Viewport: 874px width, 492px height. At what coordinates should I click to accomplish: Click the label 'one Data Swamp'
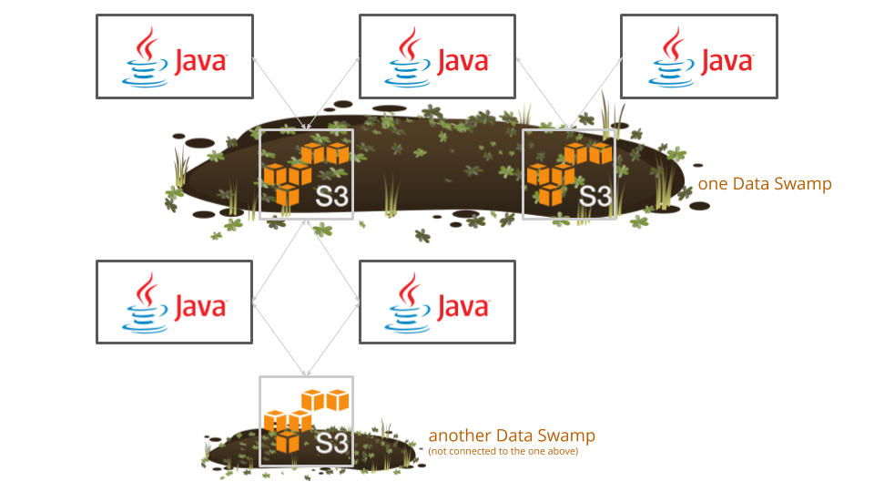point(765,184)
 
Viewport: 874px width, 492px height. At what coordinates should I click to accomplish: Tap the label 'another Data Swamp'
point(512,436)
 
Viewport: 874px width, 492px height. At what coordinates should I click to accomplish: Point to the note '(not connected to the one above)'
point(503,450)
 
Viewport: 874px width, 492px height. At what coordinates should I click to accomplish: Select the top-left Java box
point(174,56)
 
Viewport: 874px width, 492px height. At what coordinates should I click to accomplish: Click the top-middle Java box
point(437,56)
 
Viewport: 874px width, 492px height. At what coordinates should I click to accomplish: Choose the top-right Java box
point(699,56)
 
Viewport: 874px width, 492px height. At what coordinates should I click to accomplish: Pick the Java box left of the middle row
point(174,302)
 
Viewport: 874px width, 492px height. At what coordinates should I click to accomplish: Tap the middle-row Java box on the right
point(437,302)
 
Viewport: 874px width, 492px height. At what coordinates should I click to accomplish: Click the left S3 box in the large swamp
point(306,174)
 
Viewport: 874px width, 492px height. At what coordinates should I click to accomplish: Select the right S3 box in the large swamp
point(569,174)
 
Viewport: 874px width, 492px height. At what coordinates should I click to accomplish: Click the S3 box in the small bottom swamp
point(306,421)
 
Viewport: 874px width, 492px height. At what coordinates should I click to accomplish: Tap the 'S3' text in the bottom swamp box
point(332,445)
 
